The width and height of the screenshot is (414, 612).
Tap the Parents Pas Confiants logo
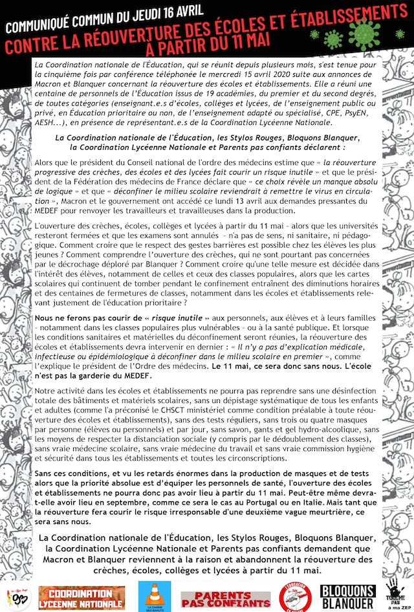(x=216, y=598)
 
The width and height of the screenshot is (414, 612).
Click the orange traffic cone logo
(x=155, y=595)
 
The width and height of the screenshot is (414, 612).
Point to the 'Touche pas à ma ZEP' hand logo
(x=395, y=593)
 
